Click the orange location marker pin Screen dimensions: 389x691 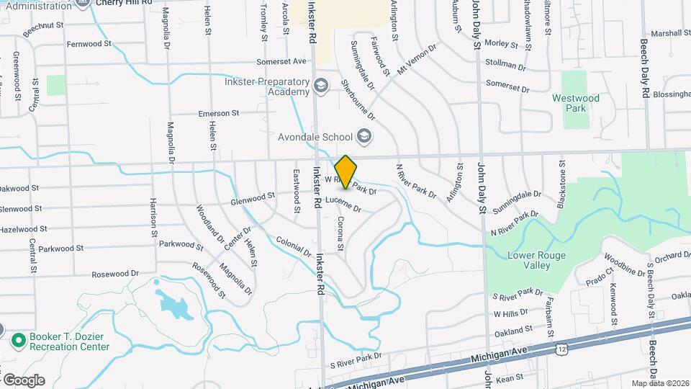coord(345,171)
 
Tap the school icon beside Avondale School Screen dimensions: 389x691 coord(364,136)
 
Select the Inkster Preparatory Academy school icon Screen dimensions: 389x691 coord(321,87)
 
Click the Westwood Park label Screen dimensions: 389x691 coord(575,103)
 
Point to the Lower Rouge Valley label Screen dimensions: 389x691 coord(536,260)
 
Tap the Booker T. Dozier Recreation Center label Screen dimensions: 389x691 coord(69,341)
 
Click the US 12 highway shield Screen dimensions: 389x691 coord(560,349)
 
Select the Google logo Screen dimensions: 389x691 coord(23,380)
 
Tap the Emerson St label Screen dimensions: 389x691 coord(219,113)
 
